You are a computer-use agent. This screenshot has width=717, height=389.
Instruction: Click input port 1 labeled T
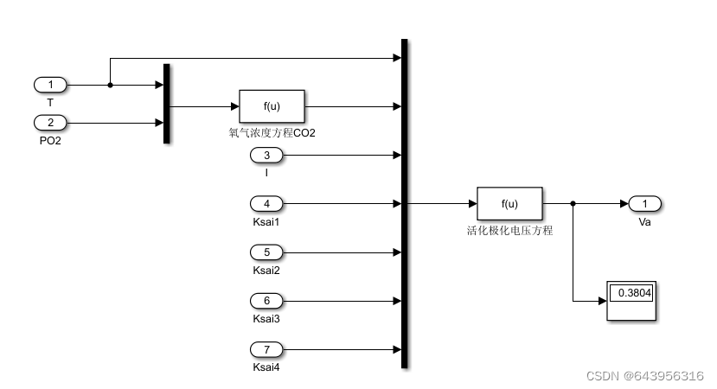(x=50, y=85)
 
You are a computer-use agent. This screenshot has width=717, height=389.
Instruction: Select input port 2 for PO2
(x=50, y=122)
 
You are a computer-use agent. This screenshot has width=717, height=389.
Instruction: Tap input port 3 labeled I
(x=266, y=156)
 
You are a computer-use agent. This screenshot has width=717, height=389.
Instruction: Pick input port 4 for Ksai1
(x=266, y=204)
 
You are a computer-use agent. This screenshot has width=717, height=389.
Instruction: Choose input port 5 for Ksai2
(x=266, y=252)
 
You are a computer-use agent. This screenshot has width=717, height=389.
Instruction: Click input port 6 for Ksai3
(x=266, y=301)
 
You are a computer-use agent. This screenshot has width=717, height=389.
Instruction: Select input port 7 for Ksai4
(x=266, y=349)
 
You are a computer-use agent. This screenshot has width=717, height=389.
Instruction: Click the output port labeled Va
(x=644, y=204)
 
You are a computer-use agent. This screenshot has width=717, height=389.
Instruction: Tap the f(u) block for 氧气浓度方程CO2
(x=272, y=106)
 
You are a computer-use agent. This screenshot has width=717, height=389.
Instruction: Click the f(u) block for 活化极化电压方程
(x=509, y=204)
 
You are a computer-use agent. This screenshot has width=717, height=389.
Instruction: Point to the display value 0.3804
(x=634, y=293)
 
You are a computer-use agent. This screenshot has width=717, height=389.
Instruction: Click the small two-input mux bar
(x=167, y=103)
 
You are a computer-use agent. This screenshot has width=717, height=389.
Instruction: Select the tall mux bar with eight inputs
(x=405, y=204)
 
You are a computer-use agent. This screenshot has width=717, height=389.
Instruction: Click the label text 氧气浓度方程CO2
(x=272, y=132)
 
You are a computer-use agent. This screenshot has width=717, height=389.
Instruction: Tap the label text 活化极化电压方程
(x=509, y=230)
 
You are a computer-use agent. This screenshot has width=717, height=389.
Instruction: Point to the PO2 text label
(x=50, y=139)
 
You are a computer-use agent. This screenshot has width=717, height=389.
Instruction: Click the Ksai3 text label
(x=266, y=318)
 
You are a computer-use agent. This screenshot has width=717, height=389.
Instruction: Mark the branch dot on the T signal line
(x=110, y=85)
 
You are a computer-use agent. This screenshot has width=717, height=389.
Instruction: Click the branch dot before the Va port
(x=573, y=204)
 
